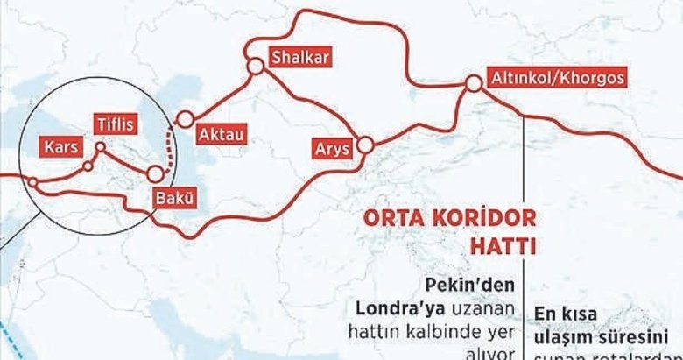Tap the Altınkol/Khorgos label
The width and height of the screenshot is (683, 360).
click(560, 77)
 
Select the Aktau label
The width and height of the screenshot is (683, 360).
click(221, 133)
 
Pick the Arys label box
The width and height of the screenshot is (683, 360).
click(331, 150)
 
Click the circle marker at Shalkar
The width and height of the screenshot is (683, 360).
click(255, 66)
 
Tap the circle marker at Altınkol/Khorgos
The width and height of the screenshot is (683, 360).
click(474, 84)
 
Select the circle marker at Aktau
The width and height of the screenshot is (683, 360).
click(185, 119)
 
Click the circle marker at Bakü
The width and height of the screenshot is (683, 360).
click(156, 173)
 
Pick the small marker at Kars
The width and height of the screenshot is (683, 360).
click(87, 165)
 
